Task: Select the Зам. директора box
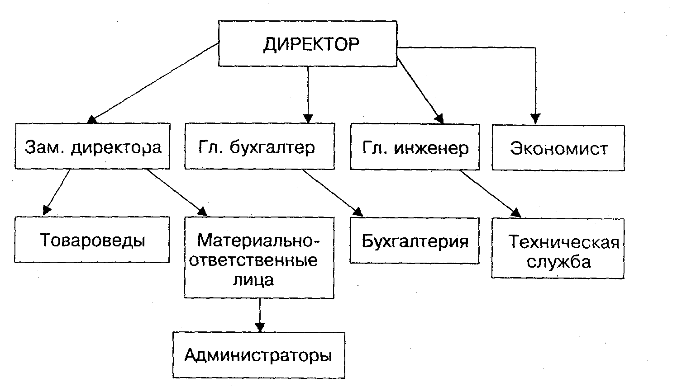(x=92, y=146)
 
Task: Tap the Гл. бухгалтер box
(x=259, y=147)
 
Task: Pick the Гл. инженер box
(x=415, y=147)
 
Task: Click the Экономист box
(x=558, y=148)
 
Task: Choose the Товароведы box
(x=92, y=240)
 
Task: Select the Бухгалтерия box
(x=414, y=241)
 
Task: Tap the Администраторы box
(x=258, y=355)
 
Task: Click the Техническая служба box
(x=558, y=249)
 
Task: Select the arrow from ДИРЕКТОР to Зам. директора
(x=154, y=82)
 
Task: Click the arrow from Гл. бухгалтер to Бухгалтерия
(x=332, y=192)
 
